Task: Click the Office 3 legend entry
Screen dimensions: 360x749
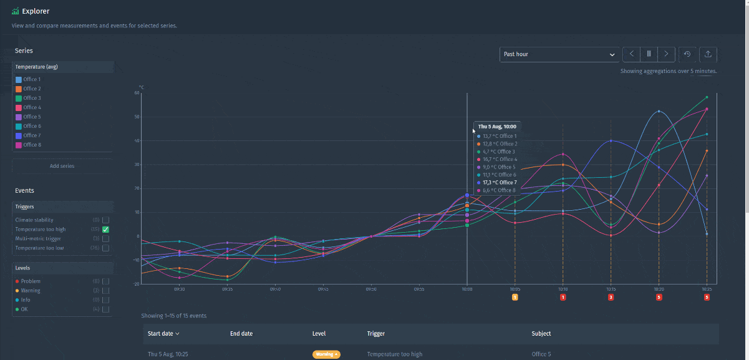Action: [32, 98]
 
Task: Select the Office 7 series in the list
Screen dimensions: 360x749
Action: [32, 135]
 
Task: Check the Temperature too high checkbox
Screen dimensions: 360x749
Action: [105, 230]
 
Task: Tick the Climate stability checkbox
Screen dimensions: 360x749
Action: [105, 220]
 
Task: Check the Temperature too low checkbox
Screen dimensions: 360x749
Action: [105, 248]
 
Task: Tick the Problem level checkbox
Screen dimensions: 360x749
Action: [105, 281]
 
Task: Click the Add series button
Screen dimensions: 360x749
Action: [62, 166]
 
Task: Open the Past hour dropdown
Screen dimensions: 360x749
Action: [559, 54]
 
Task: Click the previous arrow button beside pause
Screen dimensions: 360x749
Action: [631, 54]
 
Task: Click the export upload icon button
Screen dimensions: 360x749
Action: [708, 54]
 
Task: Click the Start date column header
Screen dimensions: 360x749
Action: [162, 334]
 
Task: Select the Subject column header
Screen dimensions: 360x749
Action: [541, 334]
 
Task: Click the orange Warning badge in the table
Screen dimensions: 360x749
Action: [326, 354]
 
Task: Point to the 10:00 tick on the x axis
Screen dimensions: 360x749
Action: [467, 289]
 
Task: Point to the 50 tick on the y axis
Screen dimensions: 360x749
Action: [136, 117]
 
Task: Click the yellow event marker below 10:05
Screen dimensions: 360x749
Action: [515, 298]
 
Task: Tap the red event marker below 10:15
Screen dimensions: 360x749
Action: [611, 298]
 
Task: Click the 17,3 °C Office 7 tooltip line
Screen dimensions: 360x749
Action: [499, 183]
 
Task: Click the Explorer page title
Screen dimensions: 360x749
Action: [35, 11]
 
